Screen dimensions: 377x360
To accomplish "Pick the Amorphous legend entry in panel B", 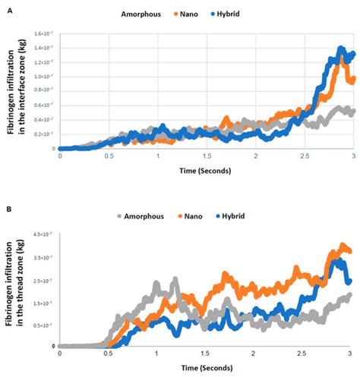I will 147,216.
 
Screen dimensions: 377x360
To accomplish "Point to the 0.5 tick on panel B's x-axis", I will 109,354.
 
